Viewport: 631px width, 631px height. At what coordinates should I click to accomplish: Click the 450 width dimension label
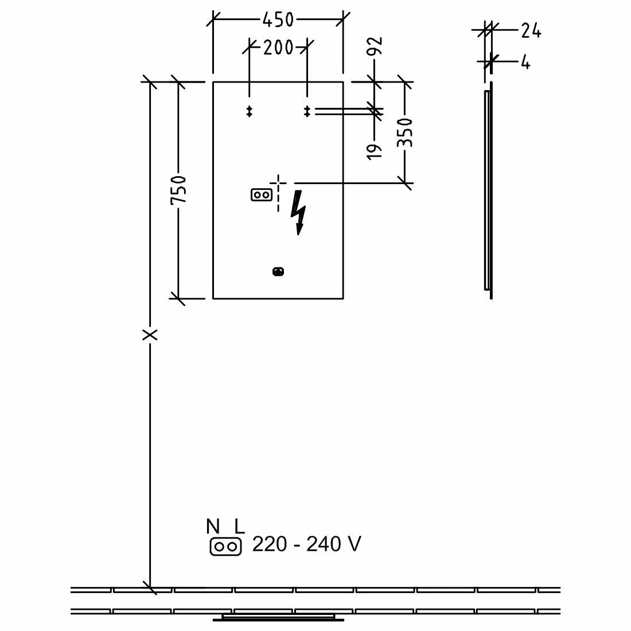tap(278, 20)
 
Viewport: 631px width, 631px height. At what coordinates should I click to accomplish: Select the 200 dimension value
tap(278, 48)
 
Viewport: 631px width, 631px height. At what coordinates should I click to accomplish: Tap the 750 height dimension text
tap(178, 190)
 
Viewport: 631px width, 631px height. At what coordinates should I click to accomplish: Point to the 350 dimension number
tap(406, 133)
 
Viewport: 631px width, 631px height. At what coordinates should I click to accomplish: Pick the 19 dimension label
tap(375, 151)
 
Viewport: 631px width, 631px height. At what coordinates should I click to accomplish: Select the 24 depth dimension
tap(531, 31)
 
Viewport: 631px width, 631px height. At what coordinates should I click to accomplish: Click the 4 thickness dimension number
tap(525, 62)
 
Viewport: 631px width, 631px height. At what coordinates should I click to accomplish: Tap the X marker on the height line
tap(150, 334)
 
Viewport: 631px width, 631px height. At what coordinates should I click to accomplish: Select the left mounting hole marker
tap(250, 111)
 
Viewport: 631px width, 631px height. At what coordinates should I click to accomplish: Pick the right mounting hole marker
tap(307, 111)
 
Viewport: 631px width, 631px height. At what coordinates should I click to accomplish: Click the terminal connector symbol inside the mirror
tap(261, 195)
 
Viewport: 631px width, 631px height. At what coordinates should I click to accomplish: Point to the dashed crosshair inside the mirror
tap(279, 184)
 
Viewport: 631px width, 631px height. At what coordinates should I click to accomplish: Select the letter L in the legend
tap(239, 526)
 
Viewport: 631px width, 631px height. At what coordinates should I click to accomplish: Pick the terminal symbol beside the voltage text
tap(226, 547)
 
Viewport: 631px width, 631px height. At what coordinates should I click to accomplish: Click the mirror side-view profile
tap(488, 189)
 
